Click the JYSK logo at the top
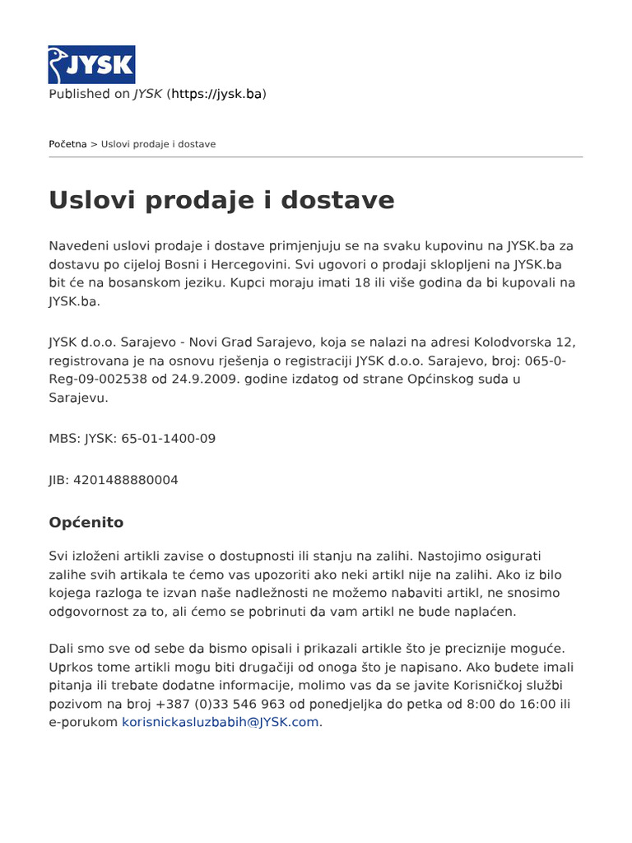click(91, 64)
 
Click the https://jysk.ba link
click(216, 94)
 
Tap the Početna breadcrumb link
click(67, 144)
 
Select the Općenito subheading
click(86, 522)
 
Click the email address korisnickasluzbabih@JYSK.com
click(221, 722)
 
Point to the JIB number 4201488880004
click(125, 480)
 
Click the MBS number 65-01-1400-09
click(168, 439)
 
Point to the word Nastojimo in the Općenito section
click(437, 556)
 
